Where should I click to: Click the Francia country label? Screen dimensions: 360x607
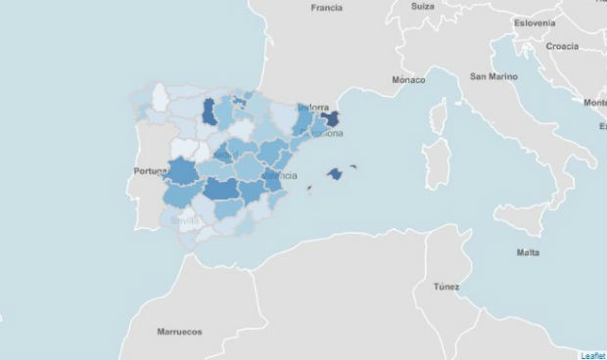pos(326,8)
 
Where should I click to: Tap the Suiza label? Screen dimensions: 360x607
pos(423,6)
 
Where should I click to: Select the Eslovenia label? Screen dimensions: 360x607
pos(536,24)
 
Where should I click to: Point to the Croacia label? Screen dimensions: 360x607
pos(562,46)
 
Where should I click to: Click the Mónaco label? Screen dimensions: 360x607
pos(408,79)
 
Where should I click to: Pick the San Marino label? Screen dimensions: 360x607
pos(493,76)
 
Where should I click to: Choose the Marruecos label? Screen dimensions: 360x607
pos(179,332)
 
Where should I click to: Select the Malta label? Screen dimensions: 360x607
pos(527,253)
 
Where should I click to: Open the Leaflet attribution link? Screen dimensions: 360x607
pos(592,354)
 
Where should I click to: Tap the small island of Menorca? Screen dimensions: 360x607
pos(353,166)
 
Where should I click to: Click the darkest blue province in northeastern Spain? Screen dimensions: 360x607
pos(330,120)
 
